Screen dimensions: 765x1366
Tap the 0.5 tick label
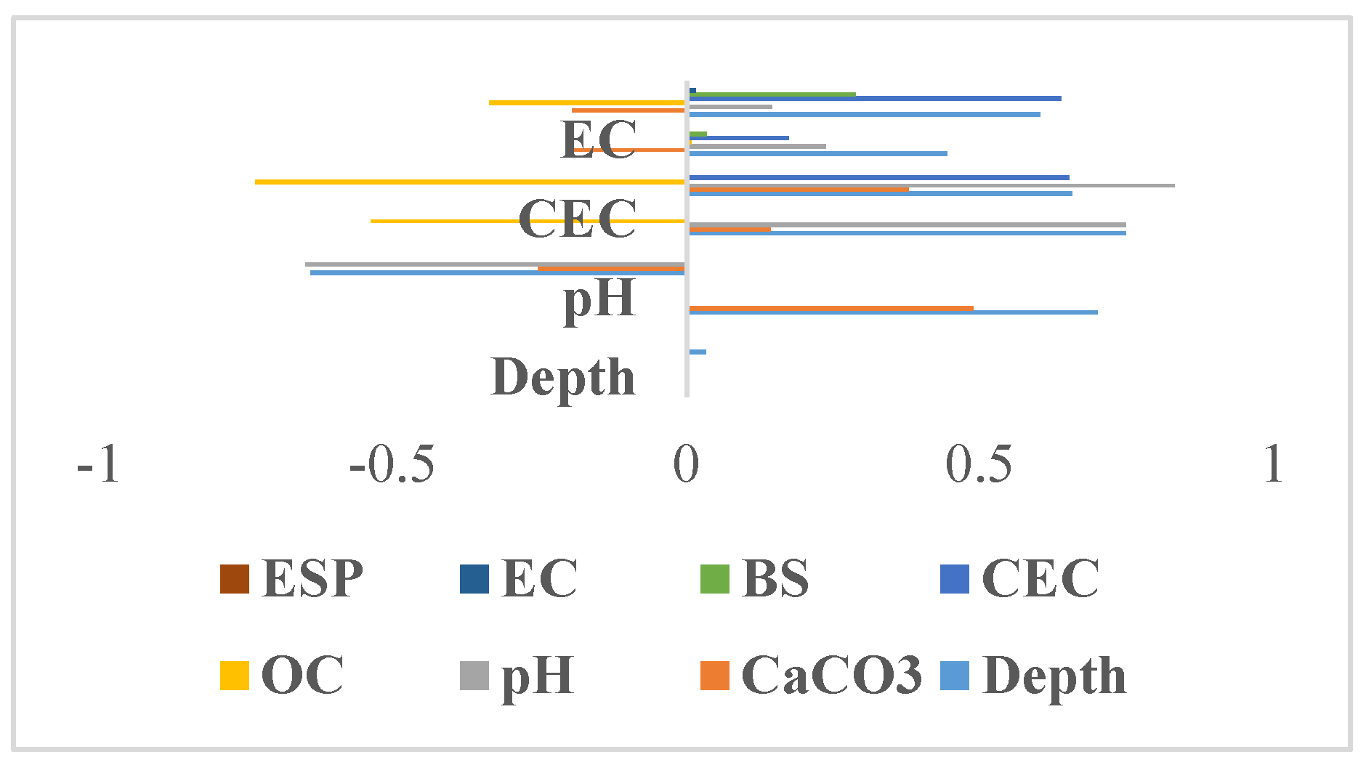(x=978, y=464)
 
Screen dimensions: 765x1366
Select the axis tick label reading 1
(x=1272, y=464)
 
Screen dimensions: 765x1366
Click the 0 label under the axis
(x=685, y=464)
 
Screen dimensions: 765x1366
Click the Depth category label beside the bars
(x=563, y=377)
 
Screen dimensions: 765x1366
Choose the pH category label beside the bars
(x=599, y=298)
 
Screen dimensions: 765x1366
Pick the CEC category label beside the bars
(x=578, y=218)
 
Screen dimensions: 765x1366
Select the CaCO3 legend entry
(x=810, y=675)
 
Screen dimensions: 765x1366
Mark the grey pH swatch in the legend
(x=474, y=675)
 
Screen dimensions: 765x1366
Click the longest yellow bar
(x=469, y=182)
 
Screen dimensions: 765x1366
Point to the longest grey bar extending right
(x=931, y=185)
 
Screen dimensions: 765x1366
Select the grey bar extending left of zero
(x=494, y=264)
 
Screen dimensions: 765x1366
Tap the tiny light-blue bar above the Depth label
(x=697, y=352)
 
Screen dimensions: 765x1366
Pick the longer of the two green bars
(x=772, y=94)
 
